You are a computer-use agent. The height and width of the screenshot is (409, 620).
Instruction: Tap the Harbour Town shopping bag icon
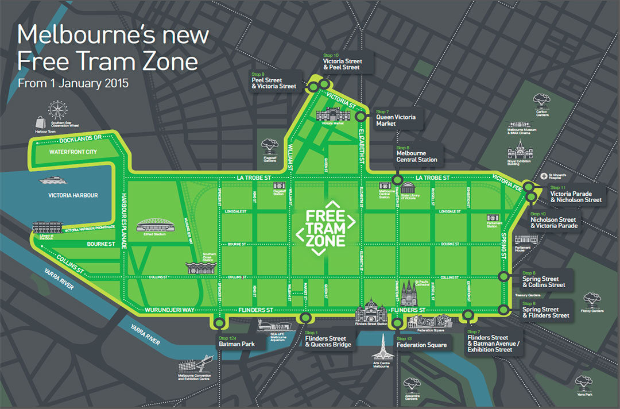tap(41, 122)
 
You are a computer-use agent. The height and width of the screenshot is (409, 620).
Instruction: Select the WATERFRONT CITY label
tap(73, 152)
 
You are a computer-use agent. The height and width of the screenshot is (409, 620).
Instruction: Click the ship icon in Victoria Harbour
tap(53, 181)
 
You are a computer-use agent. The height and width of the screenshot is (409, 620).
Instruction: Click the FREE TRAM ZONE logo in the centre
tap(325, 228)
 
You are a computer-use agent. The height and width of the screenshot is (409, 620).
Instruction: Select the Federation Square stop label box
tap(421, 345)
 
